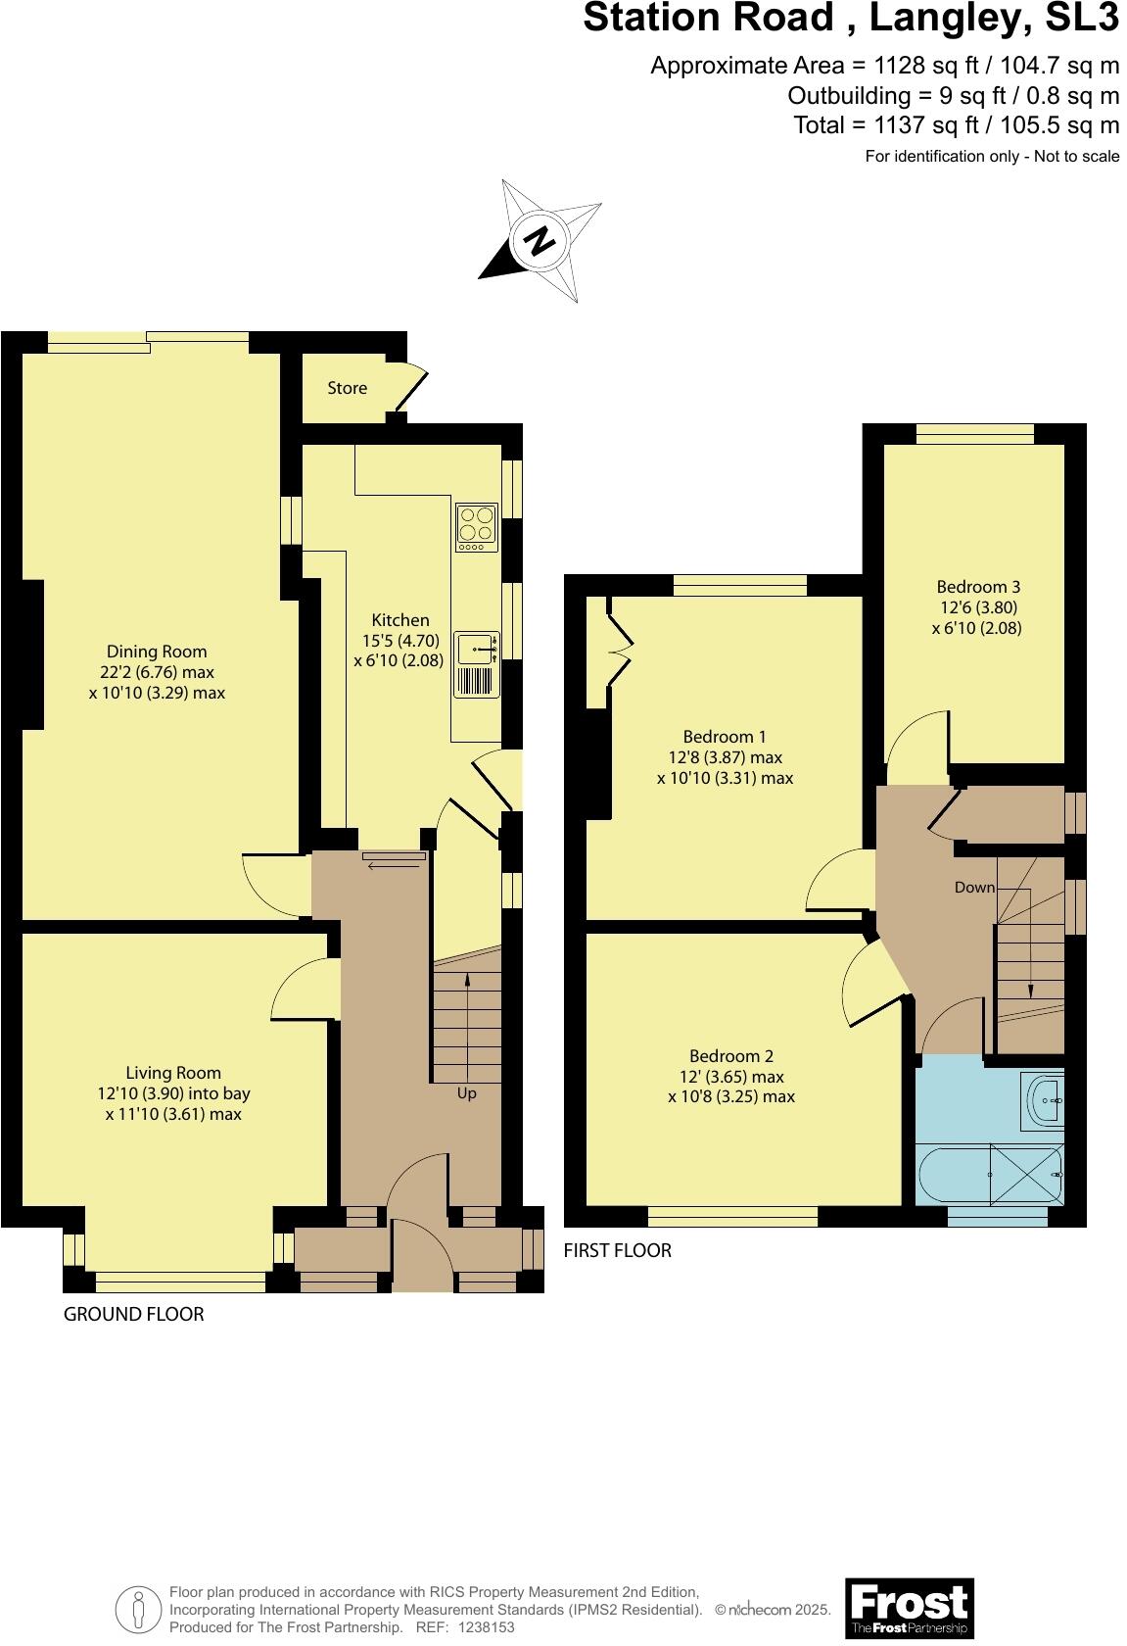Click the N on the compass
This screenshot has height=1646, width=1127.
[x=539, y=240]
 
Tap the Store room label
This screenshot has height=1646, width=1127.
[x=347, y=388]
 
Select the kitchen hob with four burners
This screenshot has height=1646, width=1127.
[x=477, y=526]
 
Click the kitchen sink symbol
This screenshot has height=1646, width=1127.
[x=477, y=647]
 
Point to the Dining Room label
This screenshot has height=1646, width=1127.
[x=157, y=652]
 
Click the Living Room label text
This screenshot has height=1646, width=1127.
[x=173, y=1073]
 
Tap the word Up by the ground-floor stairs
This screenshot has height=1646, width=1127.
[x=467, y=1093]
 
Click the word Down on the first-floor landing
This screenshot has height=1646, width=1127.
[x=974, y=888]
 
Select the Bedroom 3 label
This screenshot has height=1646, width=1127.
[x=978, y=587]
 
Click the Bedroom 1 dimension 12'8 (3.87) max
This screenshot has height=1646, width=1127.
[x=725, y=757]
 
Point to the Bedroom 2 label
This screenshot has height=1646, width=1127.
[x=731, y=1056]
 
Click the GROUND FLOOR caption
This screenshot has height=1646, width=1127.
[x=134, y=1315]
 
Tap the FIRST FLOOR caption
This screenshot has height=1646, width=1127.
[x=617, y=1251]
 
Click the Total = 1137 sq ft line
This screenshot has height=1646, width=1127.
[x=956, y=125]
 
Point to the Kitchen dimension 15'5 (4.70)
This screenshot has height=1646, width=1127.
[x=400, y=641]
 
